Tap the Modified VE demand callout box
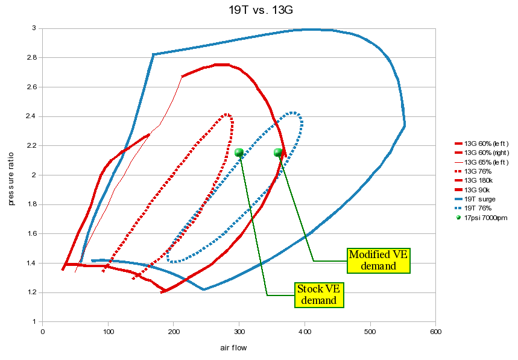point(379,261)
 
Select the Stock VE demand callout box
point(319,295)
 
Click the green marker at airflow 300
point(239,153)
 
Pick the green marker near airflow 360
point(278,153)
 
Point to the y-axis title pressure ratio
point(11,175)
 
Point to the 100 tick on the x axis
point(108,332)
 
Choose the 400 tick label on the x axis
point(305,332)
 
